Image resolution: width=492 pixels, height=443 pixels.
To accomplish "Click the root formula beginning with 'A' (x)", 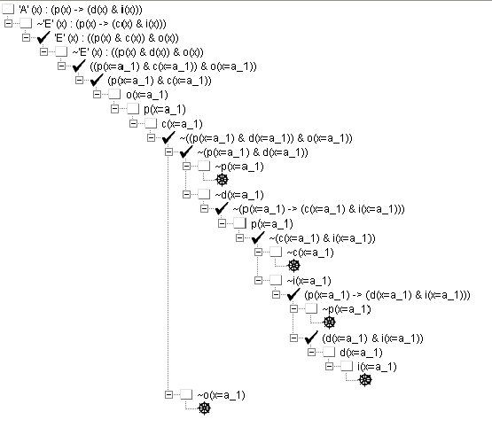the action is (x=81, y=10).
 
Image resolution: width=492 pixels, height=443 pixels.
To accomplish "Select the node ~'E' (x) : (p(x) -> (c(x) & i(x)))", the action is (x=101, y=24).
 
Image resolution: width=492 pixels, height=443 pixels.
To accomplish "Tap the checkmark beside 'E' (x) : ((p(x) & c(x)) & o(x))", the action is (x=43, y=38).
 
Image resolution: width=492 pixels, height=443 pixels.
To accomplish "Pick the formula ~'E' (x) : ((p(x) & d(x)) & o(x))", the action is (x=137, y=52).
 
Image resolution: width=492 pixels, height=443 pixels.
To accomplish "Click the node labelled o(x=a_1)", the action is (x=147, y=95).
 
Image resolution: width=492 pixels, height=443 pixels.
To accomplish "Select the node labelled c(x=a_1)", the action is (x=182, y=124).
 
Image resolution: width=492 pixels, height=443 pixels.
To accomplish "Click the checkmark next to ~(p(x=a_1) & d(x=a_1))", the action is (x=186, y=152).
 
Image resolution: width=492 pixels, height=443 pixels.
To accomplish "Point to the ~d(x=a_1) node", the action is (x=239, y=195).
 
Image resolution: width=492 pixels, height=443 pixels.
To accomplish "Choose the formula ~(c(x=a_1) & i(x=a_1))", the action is (x=322, y=238).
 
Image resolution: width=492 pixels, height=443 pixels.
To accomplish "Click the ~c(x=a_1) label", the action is (x=310, y=253).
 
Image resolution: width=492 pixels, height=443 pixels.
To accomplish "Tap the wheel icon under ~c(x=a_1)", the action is (x=294, y=266).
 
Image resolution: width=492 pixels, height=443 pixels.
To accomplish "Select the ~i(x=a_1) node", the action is (x=308, y=281).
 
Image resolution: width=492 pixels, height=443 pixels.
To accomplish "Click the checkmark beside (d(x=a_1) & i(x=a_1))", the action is (x=311, y=338).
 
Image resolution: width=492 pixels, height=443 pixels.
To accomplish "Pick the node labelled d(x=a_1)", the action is (x=361, y=353).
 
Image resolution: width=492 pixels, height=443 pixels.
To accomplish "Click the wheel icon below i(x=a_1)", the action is (x=365, y=380).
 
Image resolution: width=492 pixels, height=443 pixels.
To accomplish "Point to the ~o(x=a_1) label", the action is (x=221, y=395).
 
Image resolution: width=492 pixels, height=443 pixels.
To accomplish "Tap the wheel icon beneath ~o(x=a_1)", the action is (x=204, y=408).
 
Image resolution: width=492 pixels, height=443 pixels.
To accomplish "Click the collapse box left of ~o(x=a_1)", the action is (x=168, y=394).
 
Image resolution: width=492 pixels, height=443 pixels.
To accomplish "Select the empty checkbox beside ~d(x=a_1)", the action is (x=204, y=194).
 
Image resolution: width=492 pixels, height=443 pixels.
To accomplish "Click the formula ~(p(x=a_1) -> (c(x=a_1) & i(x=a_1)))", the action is (x=318, y=209).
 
